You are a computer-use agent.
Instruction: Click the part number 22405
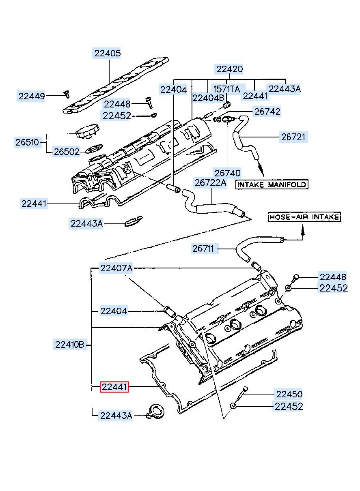(107, 53)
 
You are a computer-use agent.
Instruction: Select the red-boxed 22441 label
(114, 387)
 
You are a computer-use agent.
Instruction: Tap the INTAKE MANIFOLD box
(272, 184)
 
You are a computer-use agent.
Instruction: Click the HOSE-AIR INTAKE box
(304, 217)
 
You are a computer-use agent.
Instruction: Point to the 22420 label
(229, 69)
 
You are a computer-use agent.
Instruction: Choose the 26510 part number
(28, 142)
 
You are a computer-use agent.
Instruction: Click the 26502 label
(67, 152)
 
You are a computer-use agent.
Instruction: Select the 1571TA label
(227, 89)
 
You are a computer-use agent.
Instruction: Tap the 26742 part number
(267, 112)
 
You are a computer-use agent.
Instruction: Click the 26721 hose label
(293, 137)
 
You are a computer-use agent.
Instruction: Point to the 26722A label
(210, 182)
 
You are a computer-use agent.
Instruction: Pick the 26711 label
(203, 249)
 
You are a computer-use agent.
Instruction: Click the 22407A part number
(116, 268)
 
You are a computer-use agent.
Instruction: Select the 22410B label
(70, 345)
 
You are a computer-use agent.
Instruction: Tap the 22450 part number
(289, 394)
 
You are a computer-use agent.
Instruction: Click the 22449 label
(31, 96)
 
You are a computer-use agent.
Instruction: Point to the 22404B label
(208, 98)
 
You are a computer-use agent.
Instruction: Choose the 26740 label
(228, 173)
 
